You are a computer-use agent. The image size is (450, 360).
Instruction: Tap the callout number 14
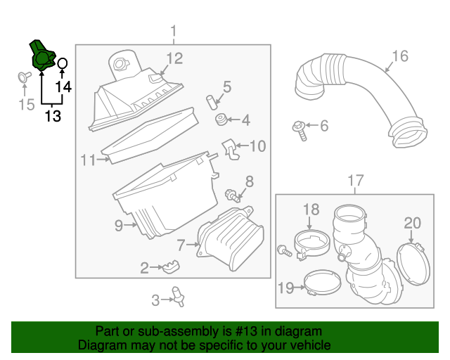coord(63,86)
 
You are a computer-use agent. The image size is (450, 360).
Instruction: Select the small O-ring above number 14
coord(62,64)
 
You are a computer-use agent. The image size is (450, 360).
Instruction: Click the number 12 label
coord(174,58)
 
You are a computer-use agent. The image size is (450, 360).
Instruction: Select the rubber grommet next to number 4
coord(220,121)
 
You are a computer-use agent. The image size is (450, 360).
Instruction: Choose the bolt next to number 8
coord(230,194)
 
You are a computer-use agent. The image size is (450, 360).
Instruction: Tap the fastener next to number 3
coord(179,298)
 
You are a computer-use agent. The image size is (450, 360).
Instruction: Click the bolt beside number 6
coord(300,129)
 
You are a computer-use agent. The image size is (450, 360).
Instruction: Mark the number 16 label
coord(399,56)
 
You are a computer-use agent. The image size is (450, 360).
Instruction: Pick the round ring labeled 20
coord(413,264)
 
